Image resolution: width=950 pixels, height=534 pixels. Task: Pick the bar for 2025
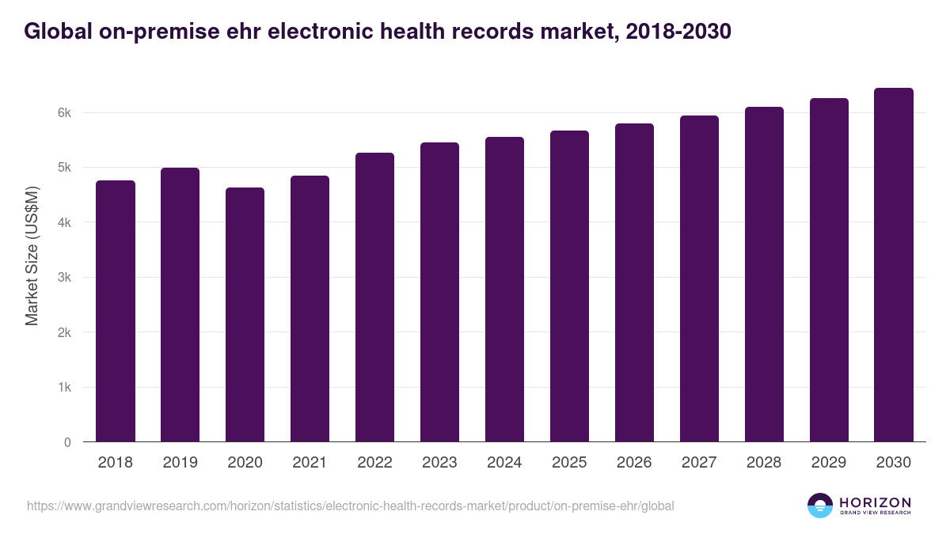coord(570,286)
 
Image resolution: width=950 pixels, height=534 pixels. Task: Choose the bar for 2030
coord(894,265)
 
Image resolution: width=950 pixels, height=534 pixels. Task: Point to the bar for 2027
coord(700,278)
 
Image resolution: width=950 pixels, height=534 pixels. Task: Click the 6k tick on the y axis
coord(64,113)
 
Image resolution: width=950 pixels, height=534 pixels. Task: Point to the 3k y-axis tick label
coord(64,278)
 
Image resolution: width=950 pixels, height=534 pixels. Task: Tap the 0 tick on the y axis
coord(67,442)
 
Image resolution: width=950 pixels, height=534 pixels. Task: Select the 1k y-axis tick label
coord(64,388)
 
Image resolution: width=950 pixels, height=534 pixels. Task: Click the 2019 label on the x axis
coord(180,463)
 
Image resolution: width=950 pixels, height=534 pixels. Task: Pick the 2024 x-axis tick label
coord(505,463)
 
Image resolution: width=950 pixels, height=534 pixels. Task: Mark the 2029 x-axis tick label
coord(829,463)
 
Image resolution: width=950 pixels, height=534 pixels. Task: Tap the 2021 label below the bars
coord(310,463)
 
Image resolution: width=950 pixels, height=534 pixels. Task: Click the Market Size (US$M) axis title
coord(32,256)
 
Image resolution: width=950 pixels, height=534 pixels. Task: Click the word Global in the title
coord(55,32)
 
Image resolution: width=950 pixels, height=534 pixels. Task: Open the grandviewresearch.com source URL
coord(351,506)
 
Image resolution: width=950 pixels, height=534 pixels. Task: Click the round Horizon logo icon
coord(820,506)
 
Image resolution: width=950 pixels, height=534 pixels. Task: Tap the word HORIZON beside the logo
coord(875,502)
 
